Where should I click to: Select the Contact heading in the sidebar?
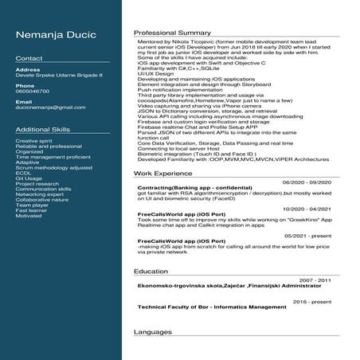click(29, 59)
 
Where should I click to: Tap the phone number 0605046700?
click(33, 91)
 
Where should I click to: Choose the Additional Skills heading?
click(42, 129)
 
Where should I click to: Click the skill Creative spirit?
click(33, 141)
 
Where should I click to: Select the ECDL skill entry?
click(23, 173)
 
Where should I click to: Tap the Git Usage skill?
click(29, 178)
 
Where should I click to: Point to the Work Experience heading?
click(162, 172)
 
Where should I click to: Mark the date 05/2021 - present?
click(307, 235)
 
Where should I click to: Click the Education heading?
click(151, 272)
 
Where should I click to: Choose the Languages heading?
click(153, 331)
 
